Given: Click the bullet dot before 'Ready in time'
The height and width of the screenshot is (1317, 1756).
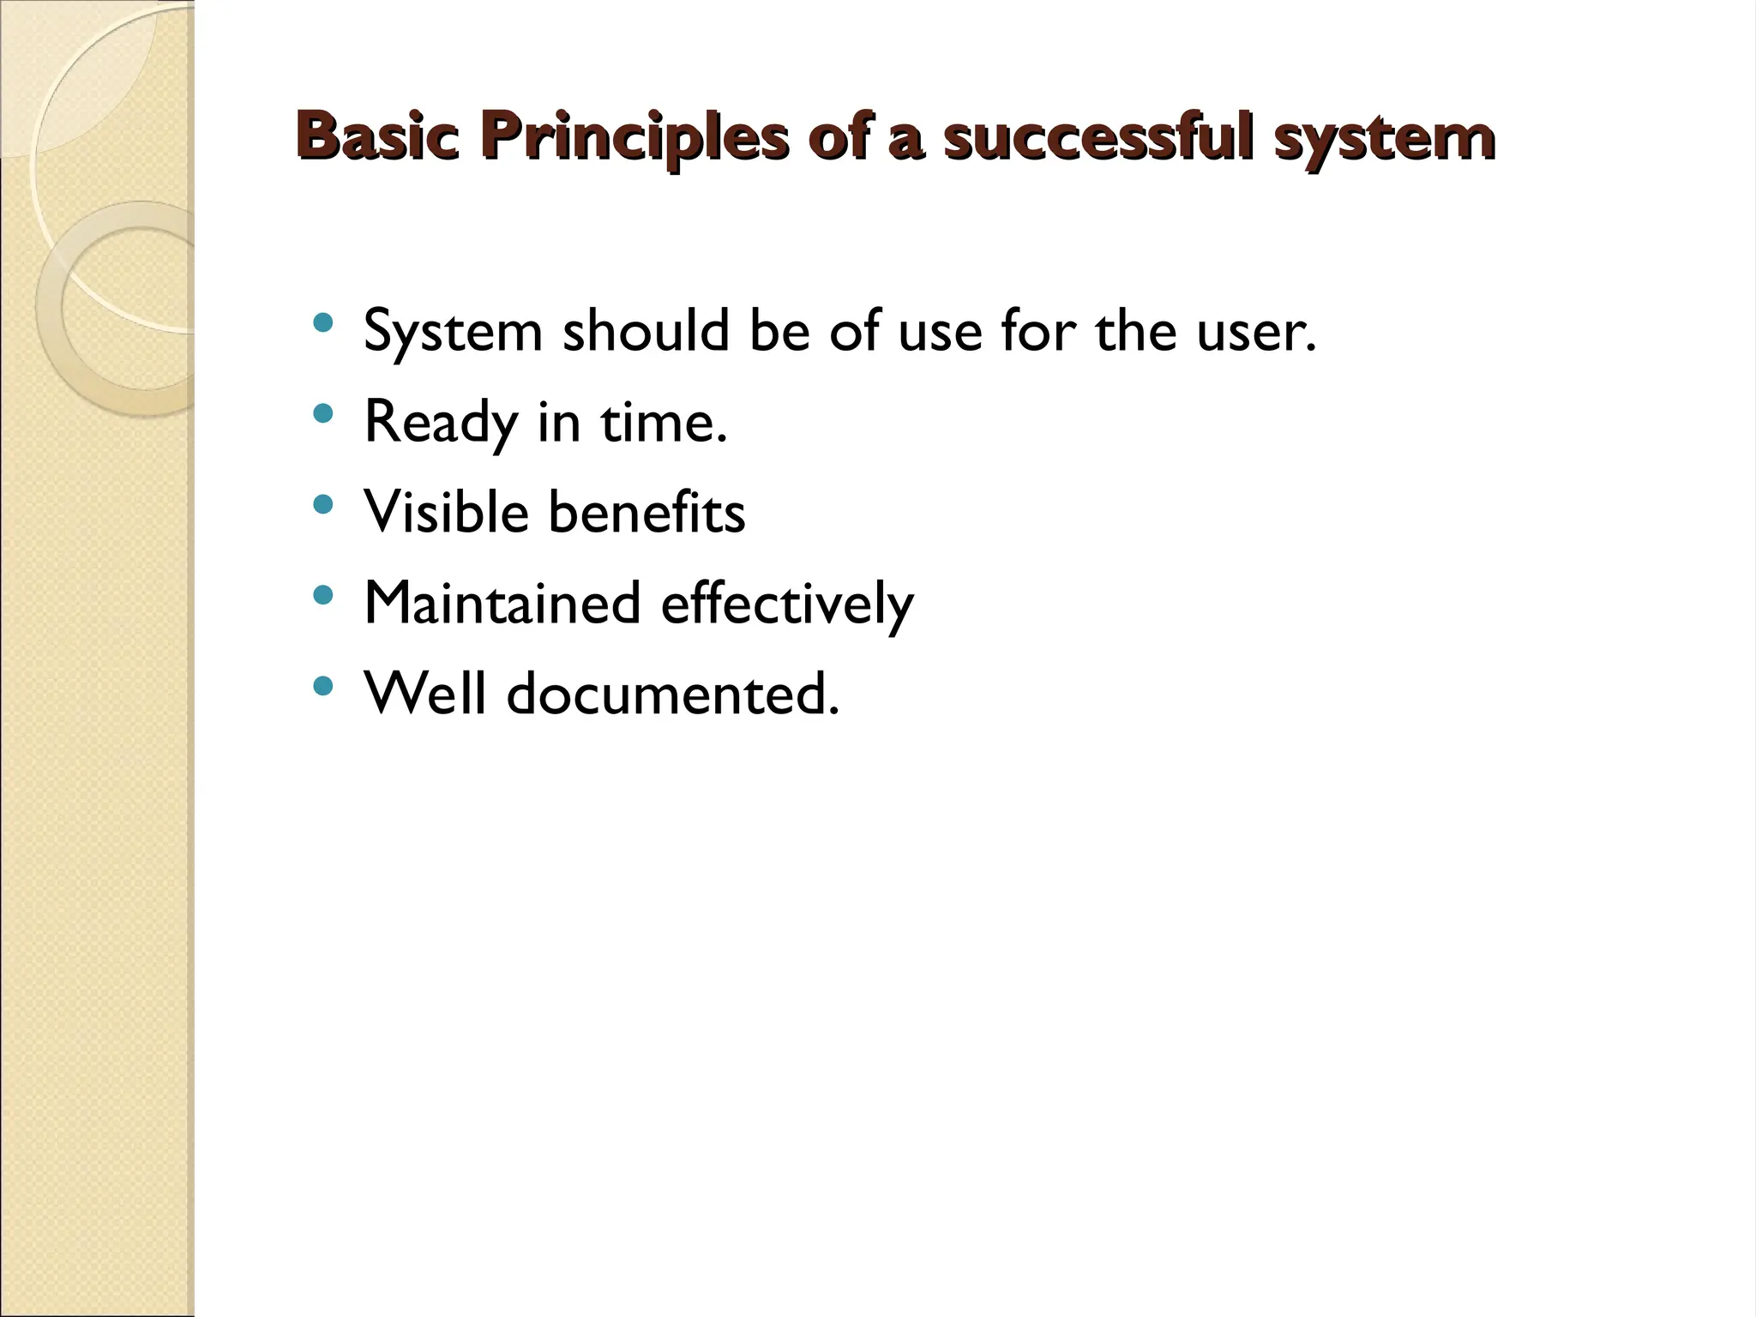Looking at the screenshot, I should click(x=322, y=414).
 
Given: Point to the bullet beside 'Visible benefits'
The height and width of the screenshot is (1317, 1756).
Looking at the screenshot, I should click(x=322, y=505).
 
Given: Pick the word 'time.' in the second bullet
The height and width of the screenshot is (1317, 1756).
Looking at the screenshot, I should click(x=664, y=422).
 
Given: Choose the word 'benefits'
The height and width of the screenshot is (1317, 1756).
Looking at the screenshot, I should click(x=646, y=512).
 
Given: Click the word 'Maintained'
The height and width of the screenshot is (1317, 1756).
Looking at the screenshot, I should click(x=502, y=603).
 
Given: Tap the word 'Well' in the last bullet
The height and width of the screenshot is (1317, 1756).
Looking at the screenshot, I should click(x=425, y=693).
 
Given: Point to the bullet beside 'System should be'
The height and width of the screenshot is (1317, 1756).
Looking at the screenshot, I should click(x=322, y=323).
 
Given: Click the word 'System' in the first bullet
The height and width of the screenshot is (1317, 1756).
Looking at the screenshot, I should click(x=454, y=333).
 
